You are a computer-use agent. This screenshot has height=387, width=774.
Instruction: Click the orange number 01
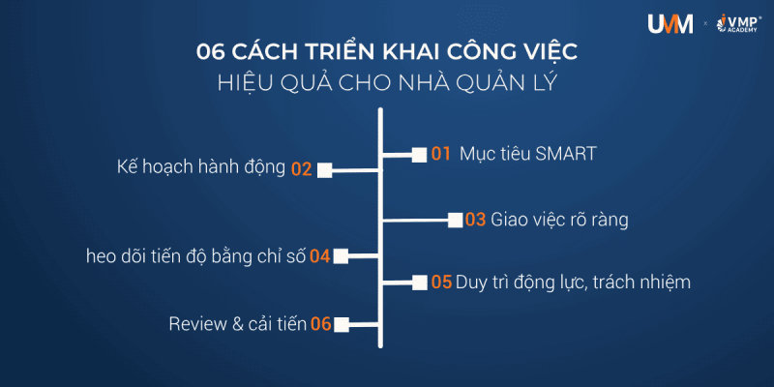441,153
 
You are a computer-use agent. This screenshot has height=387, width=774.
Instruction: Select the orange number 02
301,169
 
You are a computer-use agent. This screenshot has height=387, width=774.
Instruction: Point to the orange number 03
475,220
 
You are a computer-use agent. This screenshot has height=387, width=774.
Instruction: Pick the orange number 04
320,256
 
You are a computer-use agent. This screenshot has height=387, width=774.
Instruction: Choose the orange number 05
441,283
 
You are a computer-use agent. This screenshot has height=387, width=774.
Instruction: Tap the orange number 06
321,324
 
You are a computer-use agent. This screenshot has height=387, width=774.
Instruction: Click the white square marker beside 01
419,154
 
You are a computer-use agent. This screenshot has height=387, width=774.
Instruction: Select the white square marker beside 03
454,220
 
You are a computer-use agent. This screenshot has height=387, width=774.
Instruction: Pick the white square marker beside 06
341,324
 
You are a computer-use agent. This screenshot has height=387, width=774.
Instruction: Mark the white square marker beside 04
341,256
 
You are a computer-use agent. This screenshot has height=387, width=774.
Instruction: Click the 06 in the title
211,51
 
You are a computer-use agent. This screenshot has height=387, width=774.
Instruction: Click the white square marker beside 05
419,283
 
